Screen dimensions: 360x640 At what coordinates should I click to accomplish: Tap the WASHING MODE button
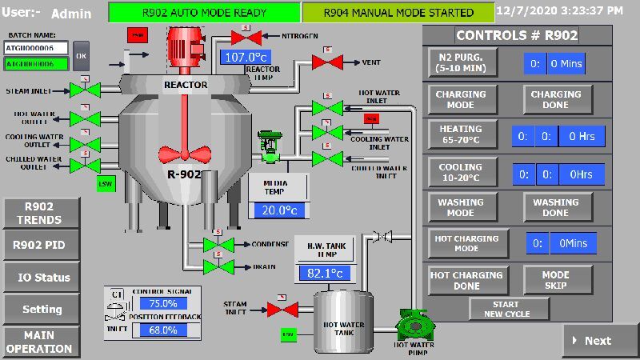click(x=461, y=208)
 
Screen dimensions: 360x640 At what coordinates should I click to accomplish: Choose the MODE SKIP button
click(x=555, y=280)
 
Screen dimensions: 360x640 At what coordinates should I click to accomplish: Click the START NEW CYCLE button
click(x=509, y=309)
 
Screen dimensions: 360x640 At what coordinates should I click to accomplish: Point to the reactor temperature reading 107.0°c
click(x=246, y=58)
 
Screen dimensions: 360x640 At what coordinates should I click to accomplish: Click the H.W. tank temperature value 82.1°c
click(x=325, y=274)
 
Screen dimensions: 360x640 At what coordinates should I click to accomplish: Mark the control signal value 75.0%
click(x=163, y=304)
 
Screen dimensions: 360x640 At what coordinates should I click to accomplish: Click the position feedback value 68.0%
click(x=163, y=330)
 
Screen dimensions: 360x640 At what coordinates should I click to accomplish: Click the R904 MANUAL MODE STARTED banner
click(x=398, y=13)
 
